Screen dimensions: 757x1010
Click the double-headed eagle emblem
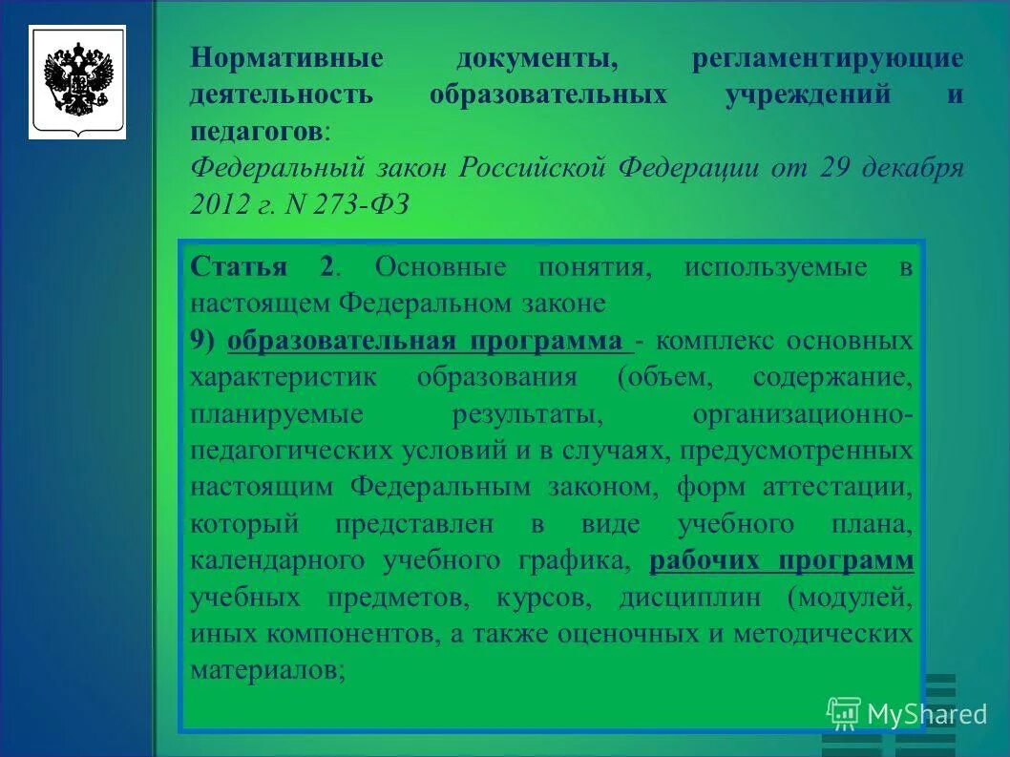pos(77,82)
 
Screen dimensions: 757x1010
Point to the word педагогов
pos(256,132)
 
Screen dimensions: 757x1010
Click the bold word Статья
pos(238,266)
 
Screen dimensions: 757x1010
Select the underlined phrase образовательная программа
pos(430,341)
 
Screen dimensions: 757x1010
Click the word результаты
pos(528,414)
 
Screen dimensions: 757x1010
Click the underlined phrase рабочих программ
pos(781,561)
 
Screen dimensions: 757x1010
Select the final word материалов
pos(266,670)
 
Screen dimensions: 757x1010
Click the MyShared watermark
pos(907,713)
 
